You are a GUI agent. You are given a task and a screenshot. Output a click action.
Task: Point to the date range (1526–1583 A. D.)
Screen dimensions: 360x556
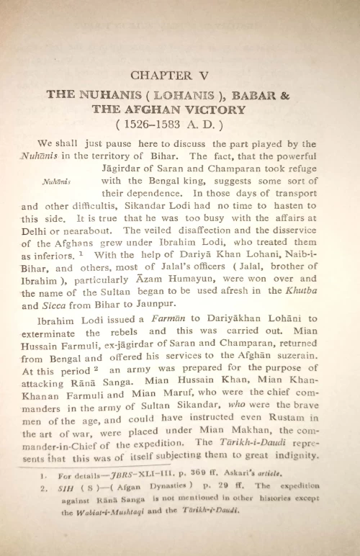click(x=179, y=123)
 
